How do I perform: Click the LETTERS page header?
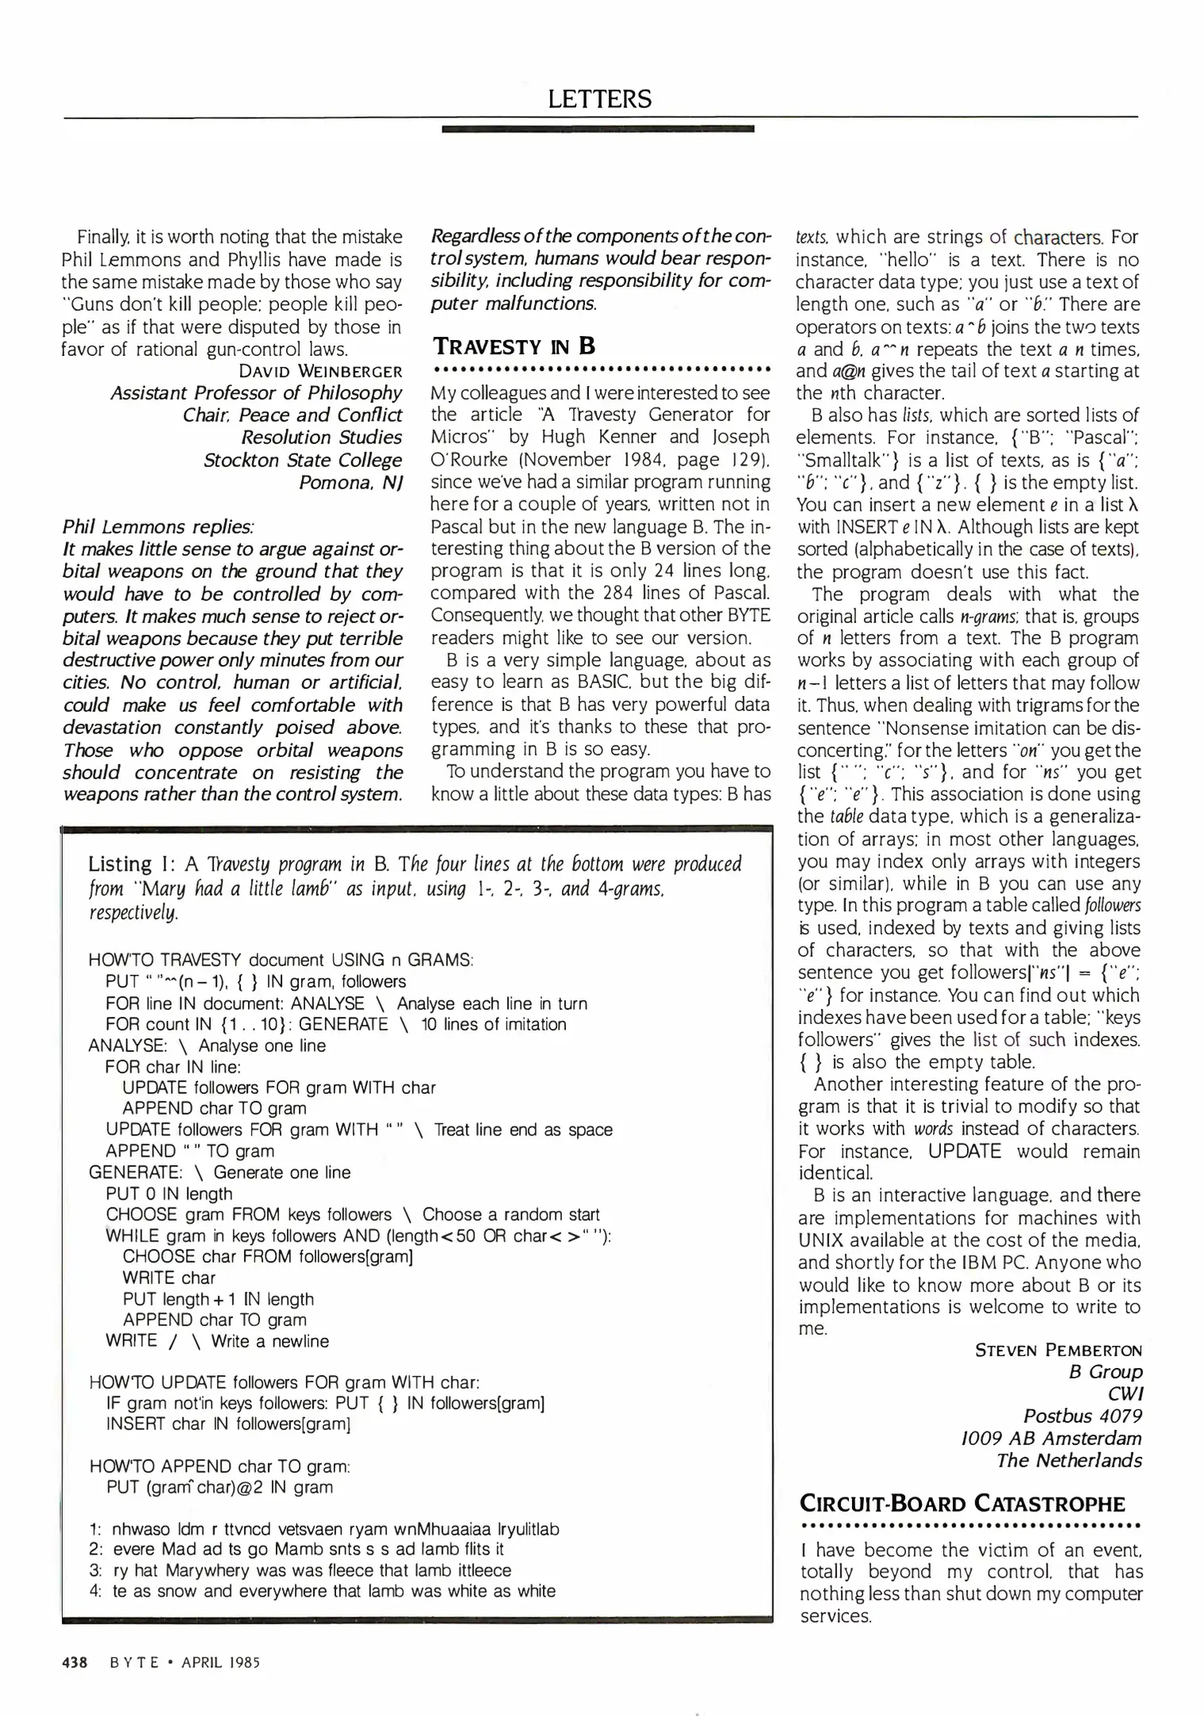600,99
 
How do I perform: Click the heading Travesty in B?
513,346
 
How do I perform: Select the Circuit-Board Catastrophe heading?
962,1504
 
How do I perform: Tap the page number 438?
75,1662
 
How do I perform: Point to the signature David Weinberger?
320,371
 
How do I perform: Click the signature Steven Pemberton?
1058,1350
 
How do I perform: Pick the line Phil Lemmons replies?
158,527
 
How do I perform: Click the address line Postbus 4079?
1082,1416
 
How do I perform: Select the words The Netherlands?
1069,1460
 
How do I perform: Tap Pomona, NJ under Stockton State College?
350,482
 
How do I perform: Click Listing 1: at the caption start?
131,864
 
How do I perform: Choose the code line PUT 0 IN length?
169,1193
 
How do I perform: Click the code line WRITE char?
169,1277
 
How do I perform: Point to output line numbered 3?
300,1570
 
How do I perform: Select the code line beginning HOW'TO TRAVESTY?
281,960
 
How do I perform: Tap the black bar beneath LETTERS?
598,128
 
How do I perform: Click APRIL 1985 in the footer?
220,1662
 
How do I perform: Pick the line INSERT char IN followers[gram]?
228,1423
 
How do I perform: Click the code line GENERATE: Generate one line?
219,1172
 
